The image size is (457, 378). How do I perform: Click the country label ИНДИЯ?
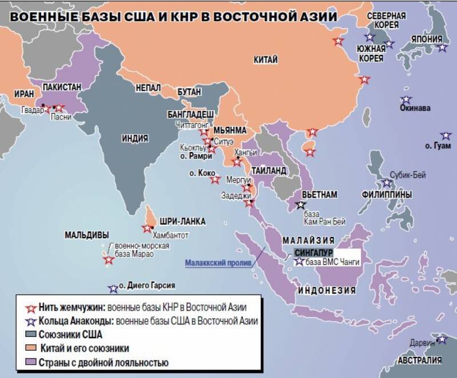click(x=135, y=138)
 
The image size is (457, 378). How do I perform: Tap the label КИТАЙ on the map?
click(x=266, y=59)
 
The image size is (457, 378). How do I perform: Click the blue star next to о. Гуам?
click(x=446, y=136)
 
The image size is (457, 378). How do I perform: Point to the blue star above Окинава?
click(x=406, y=100)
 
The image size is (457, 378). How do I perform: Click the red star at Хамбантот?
click(x=147, y=228)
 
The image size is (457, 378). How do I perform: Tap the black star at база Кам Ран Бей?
click(x=301, y=204)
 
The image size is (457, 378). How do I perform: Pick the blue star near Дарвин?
click(x=442, y=340)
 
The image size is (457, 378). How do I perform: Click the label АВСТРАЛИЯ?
click(x=419, y=360)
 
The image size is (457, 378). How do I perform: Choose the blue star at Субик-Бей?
click(x=387, y=183)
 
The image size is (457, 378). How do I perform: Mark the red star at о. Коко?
click(x=215, y=179)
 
